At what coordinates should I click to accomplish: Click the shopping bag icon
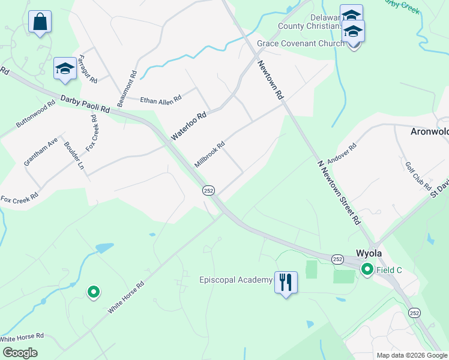pos(40,22)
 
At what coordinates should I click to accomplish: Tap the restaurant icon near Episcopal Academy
pos(286,281)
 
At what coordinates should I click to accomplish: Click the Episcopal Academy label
pos(235,280)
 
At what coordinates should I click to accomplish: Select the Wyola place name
pos(369,253)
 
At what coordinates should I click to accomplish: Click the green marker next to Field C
pos(367,271)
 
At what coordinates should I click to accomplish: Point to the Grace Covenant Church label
pos(300,43)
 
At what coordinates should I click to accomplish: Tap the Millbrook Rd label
pos(209,154)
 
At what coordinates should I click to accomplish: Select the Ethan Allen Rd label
pos(160,99)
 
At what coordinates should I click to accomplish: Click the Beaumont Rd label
pos(127,89)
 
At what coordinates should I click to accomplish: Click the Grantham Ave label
pos(41,152)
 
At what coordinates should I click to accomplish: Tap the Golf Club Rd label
pos(418,176)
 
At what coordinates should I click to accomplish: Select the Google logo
pos(20,353)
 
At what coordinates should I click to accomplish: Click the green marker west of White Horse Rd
pos(93,292)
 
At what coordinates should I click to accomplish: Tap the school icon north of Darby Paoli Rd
pos(64,69)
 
